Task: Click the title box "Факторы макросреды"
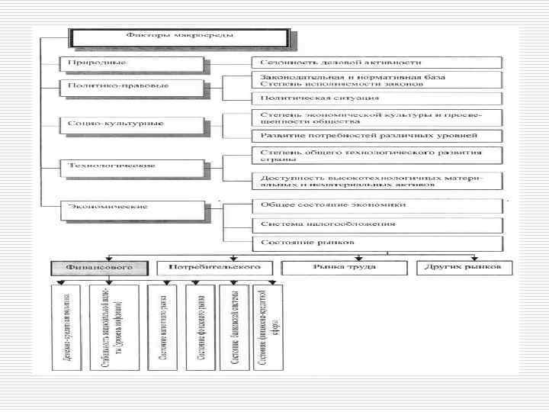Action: (179, 36)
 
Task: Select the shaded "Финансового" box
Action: (98, 269)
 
